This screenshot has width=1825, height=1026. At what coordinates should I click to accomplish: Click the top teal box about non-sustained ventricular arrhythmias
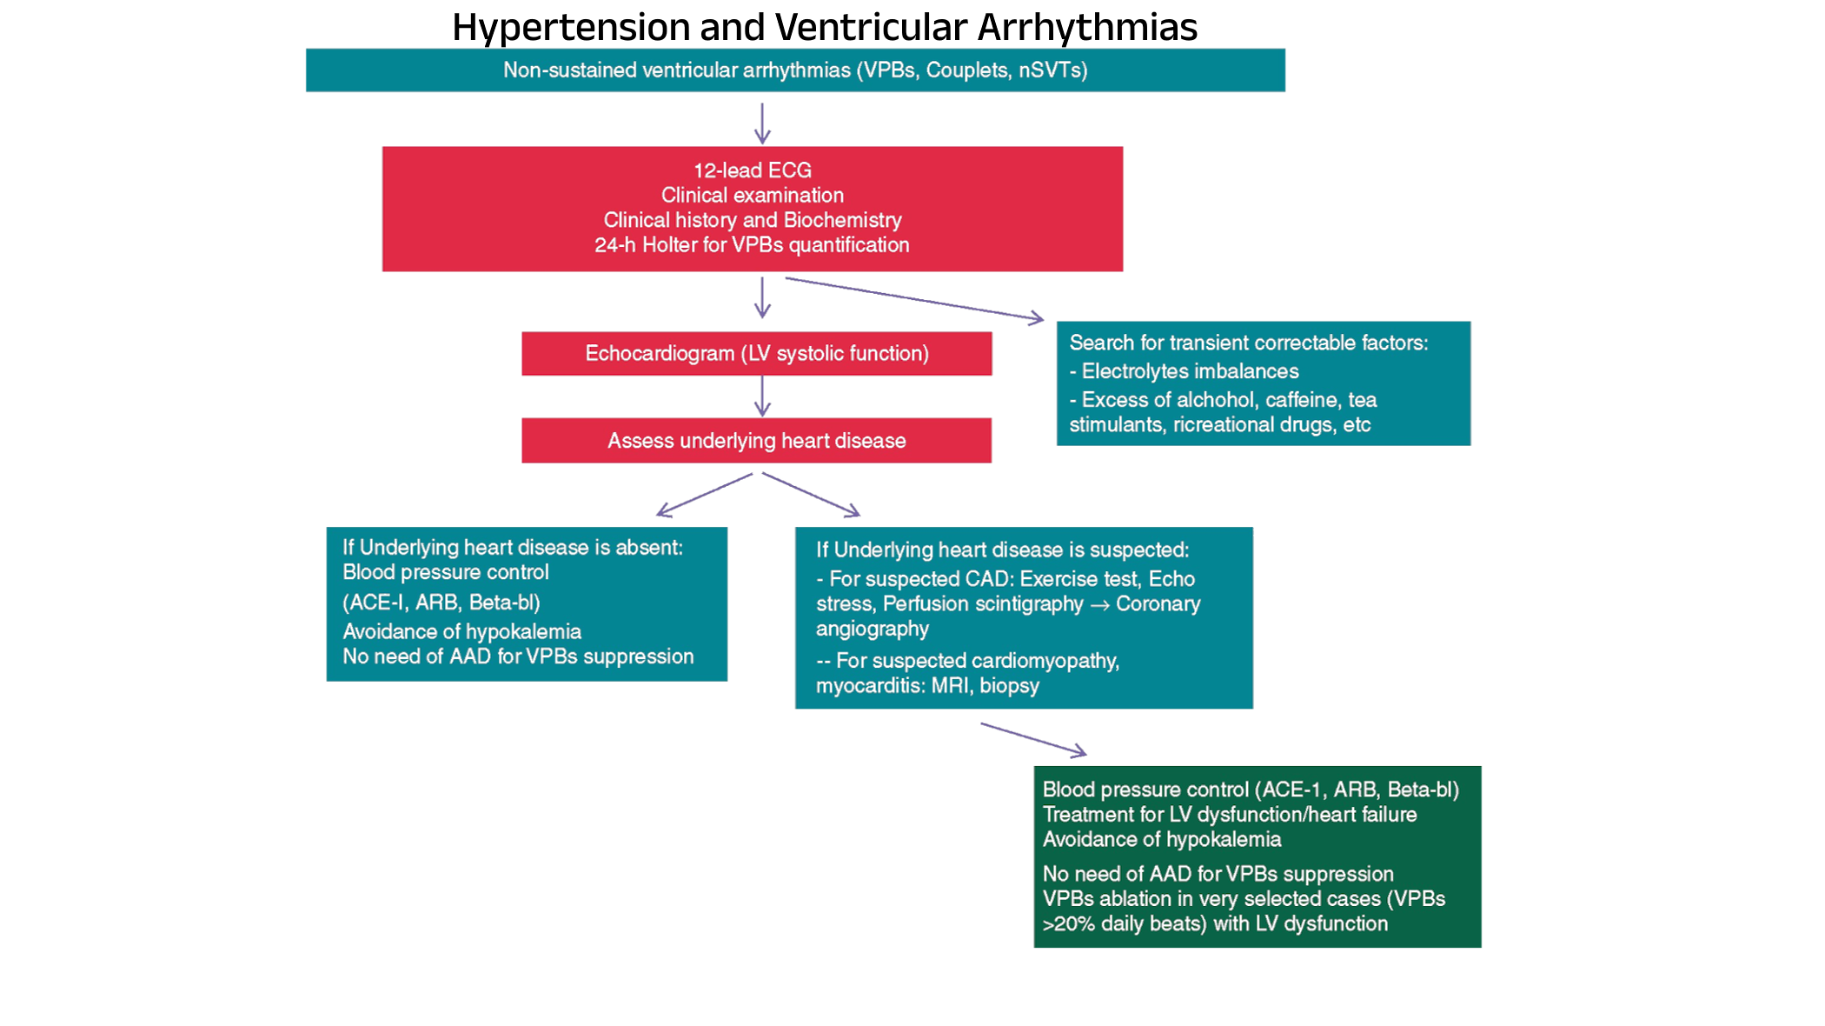coord(795,70)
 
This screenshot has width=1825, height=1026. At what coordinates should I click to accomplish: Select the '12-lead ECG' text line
coord(753,170)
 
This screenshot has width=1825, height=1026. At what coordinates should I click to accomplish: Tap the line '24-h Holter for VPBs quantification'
coord(753,245)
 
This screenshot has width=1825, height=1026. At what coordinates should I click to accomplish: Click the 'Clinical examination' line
coord(753,195)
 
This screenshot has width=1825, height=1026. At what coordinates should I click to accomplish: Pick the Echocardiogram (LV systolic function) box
coord(756,354)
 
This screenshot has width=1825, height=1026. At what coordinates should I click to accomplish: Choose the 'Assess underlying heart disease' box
coord(756,441)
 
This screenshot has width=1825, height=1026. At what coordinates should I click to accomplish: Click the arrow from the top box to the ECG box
coord(762,123)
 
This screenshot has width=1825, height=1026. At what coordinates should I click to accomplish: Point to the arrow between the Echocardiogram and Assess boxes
coord(762,396)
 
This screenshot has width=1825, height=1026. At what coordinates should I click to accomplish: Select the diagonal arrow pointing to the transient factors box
coord(912,298)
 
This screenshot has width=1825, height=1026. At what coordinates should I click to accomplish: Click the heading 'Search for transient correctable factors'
coord(1248,343)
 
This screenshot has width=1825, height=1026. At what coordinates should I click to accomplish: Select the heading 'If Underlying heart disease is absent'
coord(512,548)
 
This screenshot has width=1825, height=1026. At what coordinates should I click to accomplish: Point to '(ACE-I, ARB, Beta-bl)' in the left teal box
coord(441,603)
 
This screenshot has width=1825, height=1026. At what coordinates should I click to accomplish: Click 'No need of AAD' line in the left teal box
coord(518,656)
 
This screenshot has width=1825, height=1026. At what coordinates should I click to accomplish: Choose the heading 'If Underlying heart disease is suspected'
coord(1002,550)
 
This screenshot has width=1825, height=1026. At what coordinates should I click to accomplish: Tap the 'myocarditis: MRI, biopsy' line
coord(927,686)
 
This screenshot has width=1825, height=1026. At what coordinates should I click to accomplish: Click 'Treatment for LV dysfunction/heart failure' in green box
coord(1230,815)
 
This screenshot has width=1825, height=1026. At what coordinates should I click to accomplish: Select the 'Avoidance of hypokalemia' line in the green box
coord(1162,840)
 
